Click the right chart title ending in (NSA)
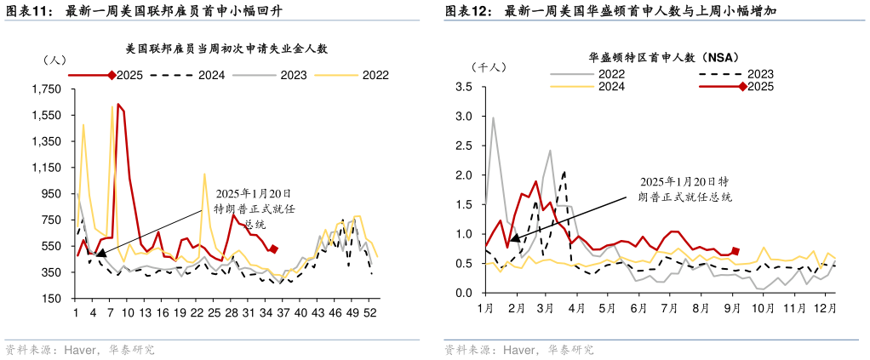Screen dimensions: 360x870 655,58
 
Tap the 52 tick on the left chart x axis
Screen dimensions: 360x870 371,313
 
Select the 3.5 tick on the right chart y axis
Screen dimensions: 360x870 464,87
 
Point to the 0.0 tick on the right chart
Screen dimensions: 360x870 464,293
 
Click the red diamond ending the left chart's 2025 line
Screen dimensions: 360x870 273,249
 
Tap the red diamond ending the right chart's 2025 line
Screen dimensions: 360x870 735,251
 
